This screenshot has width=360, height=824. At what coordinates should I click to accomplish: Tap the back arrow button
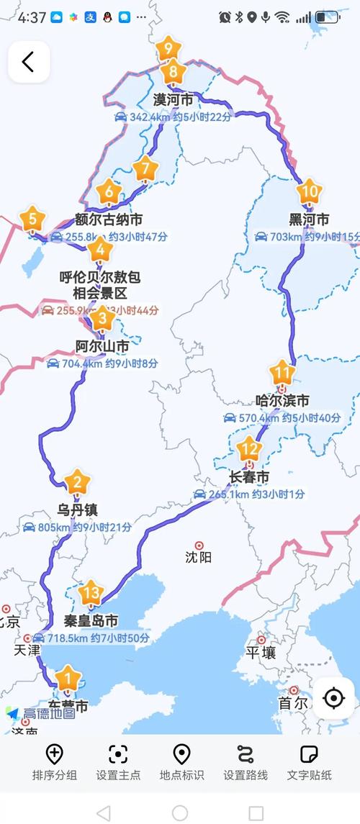tap(29, 61)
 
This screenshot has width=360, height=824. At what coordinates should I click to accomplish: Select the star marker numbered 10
tap(309, 192)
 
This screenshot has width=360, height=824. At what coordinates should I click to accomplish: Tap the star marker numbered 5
tap(32, 218)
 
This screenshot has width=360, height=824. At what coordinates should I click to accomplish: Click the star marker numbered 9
tap(168, 49)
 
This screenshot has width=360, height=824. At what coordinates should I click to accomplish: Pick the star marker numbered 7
tap(146, 168)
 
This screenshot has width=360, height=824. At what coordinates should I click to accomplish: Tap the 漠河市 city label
tap(173, 99)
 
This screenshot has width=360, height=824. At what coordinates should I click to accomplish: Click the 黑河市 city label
tap(309, 219)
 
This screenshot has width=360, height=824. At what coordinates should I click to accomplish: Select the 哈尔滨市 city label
tap(282, 400)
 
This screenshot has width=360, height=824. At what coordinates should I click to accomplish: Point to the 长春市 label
tap(248, 477)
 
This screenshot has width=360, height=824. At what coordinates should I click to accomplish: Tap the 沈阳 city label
tap(199, 556)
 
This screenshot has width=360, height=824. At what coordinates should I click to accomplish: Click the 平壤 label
tap(261, 652)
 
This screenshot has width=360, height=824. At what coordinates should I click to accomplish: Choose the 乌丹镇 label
tap(78, 510)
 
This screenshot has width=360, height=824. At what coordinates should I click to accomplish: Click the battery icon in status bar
tap(328, 17)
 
